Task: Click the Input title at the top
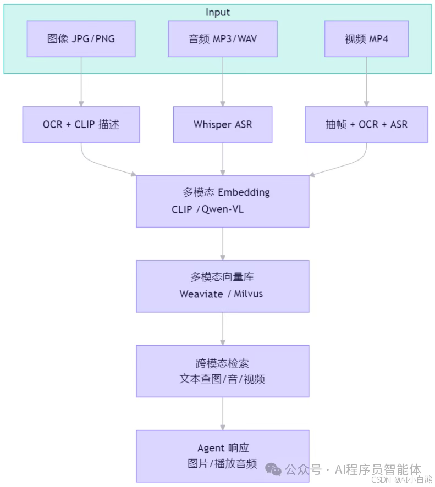tap(218, 12)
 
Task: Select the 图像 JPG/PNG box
tap(81, 39)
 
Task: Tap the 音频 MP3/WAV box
tap(223, 39)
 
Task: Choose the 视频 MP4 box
tap(366, 39)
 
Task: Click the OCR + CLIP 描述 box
tap(81, 124)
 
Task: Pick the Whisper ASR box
tap(223, 124)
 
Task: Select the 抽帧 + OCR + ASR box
tap(366, 124)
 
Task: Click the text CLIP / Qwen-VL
tap(207, 209)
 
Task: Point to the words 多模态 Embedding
tap(226, 192)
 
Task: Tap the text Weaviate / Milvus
tap(221, 294)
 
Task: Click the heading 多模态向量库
tap(222, 278)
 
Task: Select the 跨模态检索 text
tap(222, 363)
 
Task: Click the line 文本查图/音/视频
tap(222, 379)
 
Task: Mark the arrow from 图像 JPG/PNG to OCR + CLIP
tap(81, 81)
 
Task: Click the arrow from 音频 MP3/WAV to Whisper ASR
tap(223, 81)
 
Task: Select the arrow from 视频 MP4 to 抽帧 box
tap(366, 81)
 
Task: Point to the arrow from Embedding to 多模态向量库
tap(223, 244)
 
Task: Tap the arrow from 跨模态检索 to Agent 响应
tap(223, 413)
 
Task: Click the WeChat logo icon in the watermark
tap(273, 469)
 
